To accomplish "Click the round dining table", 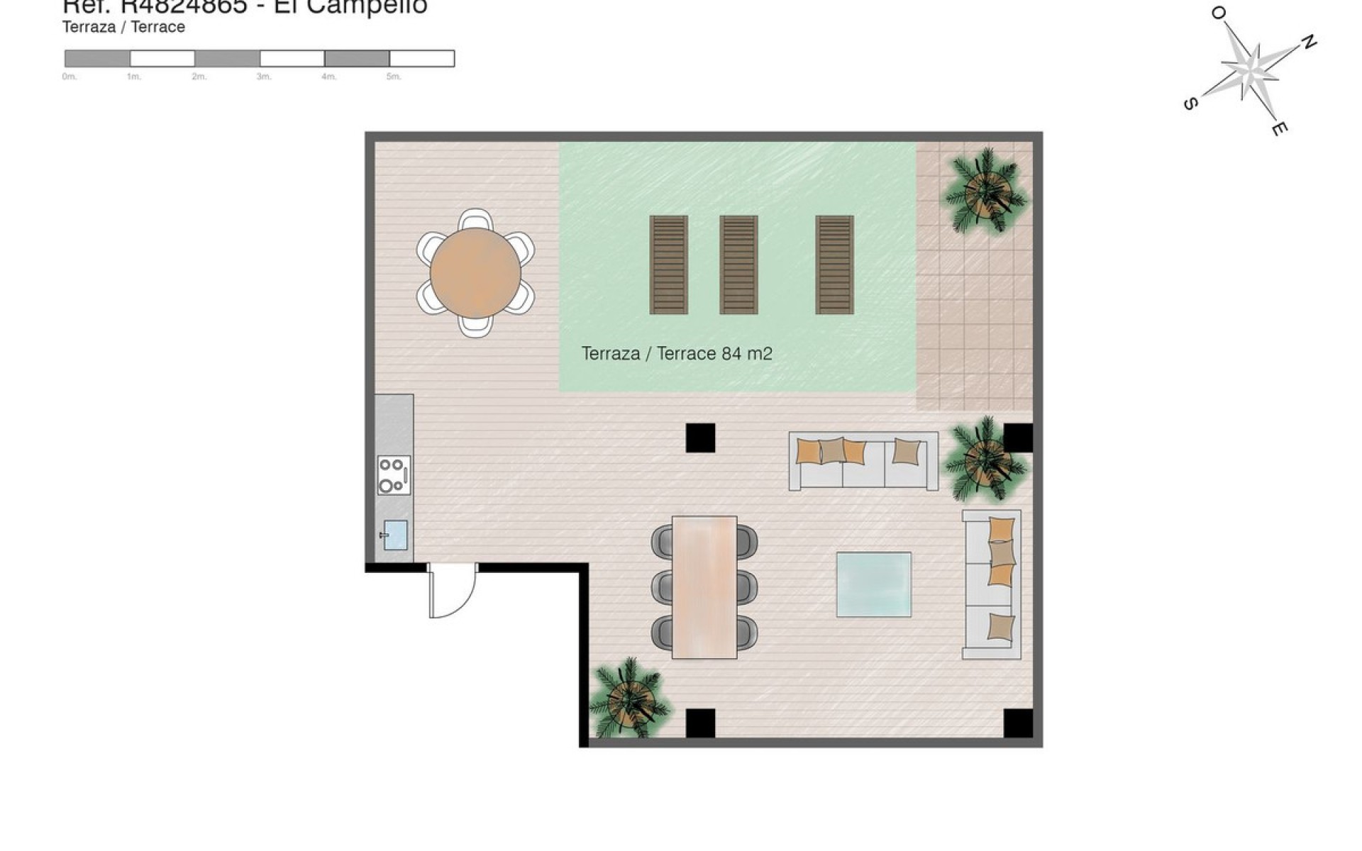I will pos(475,273).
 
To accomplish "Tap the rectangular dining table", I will pos(704,587).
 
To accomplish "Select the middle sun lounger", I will pos(738,265).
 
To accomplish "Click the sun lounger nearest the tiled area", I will pos(834,265).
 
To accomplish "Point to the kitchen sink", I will pos(395,535).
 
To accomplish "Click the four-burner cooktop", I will pos(394,475).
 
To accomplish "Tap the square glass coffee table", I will pos(873,584).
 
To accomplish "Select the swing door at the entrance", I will pos(452,590).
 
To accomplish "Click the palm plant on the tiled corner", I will pos(985,189).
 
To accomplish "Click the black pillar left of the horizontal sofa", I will pos(700,438).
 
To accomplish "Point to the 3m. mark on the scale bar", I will pos(264,77).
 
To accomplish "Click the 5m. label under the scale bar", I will pos(394,77).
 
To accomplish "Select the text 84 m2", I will pos(746,353).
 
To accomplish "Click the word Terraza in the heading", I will pos(88,27).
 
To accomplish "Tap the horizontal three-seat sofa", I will pos(863,461).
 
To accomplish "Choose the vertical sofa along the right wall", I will pos(991,584).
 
